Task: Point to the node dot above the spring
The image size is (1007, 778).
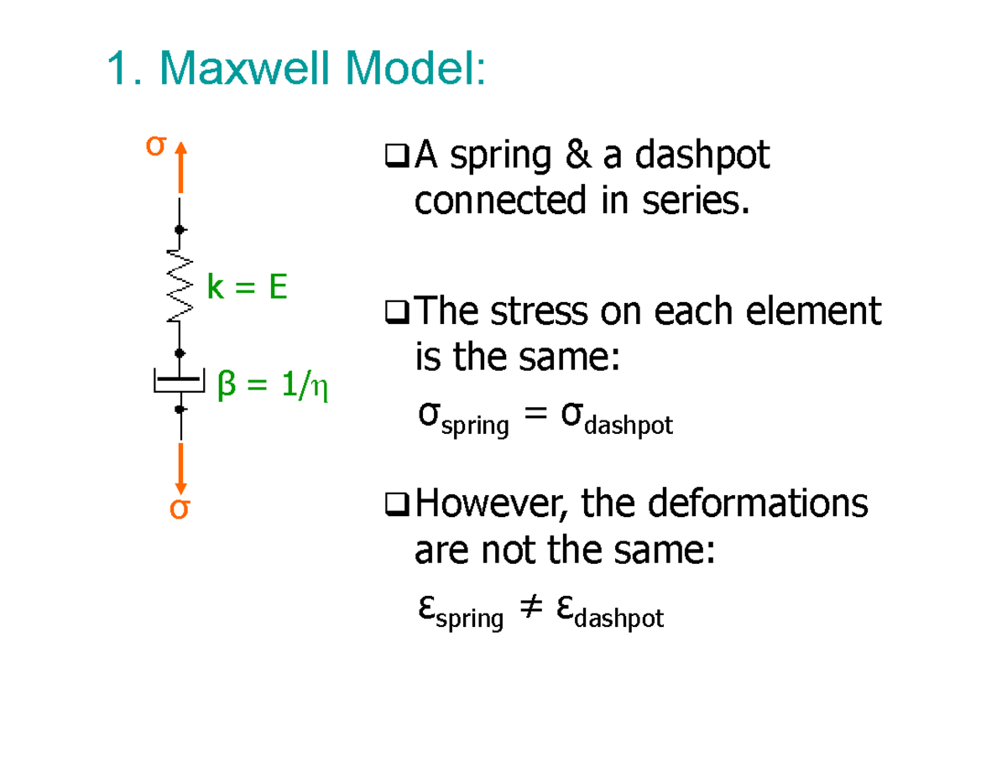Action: (180, 229)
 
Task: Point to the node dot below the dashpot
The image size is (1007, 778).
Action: (180, 409)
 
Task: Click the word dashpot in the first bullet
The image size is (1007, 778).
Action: (702, 156)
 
